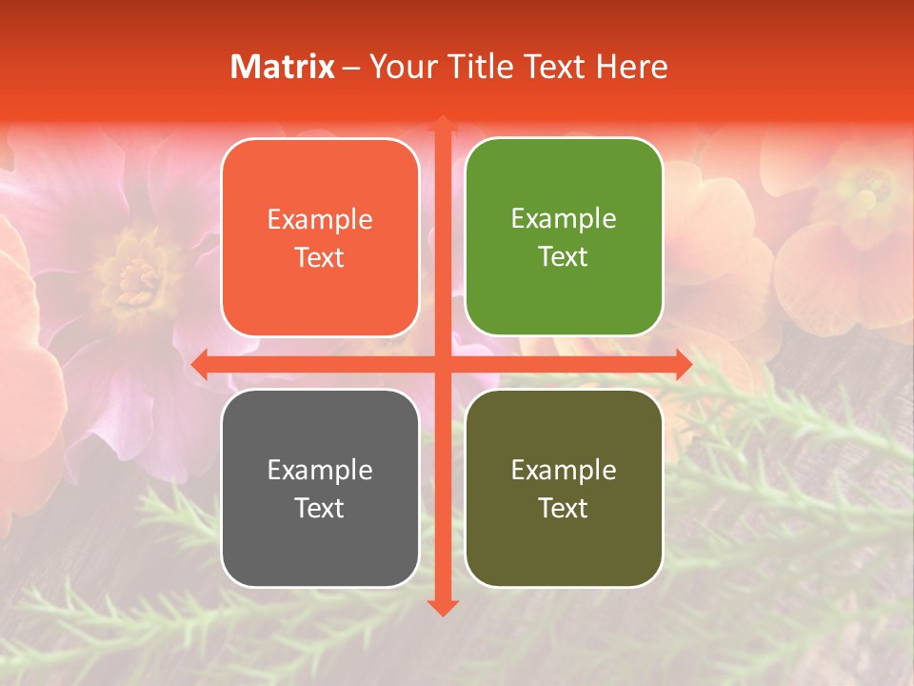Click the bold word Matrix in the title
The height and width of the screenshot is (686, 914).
pyautogui.click(x=283, y=67)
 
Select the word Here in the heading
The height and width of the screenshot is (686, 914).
pyautogui.click(x=631, y=67)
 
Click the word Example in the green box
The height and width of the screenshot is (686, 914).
pyautogui.click(x=564, y=219)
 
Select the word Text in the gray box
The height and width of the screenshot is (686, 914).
pyautogui.click(x=320, y=508)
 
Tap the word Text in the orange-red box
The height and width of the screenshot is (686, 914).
pyautogui.click(x=320, y=258)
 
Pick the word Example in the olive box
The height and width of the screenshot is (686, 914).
pyautogui.click(x=564, y=470)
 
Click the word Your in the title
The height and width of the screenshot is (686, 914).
pyautogui.click(x=400, y=67)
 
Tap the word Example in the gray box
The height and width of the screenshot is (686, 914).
pyautogui.click(x=320, y=470)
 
